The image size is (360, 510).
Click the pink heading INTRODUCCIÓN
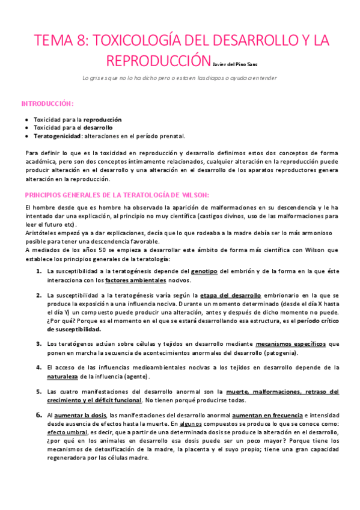[47, 103]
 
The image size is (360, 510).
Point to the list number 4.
[38, 367]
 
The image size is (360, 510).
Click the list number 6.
[38, 415]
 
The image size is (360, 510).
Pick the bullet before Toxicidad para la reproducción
[27, 120]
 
